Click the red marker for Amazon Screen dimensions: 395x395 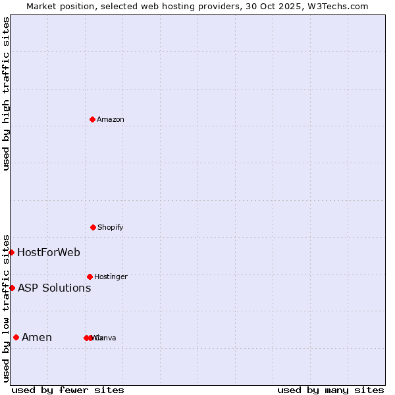coord(92,119)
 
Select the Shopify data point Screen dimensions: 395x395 coord(93,227)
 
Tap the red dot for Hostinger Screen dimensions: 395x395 coord(90,276)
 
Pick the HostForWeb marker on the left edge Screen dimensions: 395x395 coord(11,252)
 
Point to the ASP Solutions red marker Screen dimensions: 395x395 coord(12,288)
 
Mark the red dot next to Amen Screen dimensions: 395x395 coord(16,338)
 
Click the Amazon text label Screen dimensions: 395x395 coord(111,119)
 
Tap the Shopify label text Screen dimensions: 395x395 coord(111,227)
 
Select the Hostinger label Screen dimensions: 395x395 coord(111,276)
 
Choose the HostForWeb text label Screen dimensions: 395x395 coord(49,252)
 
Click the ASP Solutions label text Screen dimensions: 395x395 coord(54,288)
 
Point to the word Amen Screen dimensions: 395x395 coord(37,338)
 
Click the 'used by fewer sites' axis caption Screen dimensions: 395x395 coord(68,390)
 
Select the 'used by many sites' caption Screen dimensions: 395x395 coord(330,390)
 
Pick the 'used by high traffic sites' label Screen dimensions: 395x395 coord(6,93)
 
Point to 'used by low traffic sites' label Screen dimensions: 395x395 coord(6,308)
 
